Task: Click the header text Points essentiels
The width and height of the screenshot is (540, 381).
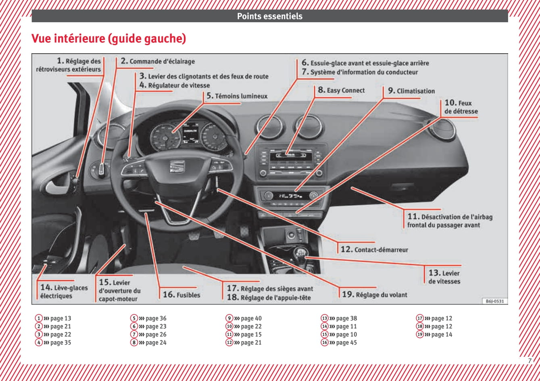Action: click(269, 17)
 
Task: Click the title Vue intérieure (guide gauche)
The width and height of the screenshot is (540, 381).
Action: click(108, 39)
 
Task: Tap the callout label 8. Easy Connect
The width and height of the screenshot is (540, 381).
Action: click(341, 90)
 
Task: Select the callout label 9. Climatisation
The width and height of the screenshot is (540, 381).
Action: click(411, 91)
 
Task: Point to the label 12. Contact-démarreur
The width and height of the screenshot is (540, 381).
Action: click(374, 250)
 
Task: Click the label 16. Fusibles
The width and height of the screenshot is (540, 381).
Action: click(181, 295)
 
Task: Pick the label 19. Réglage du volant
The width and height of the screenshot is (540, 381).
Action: click(375, 295)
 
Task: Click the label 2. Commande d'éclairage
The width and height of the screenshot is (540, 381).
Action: click(158, 61)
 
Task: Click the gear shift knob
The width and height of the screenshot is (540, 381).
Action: click(300, 254)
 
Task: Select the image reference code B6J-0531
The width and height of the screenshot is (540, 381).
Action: click(495, 301)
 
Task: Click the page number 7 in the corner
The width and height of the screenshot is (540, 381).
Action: click(530, 361)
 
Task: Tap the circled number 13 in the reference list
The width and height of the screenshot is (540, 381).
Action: click(324, 319)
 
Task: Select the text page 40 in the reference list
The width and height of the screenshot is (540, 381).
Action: click(251, 319)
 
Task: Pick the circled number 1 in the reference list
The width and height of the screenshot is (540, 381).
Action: click(38, 319)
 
